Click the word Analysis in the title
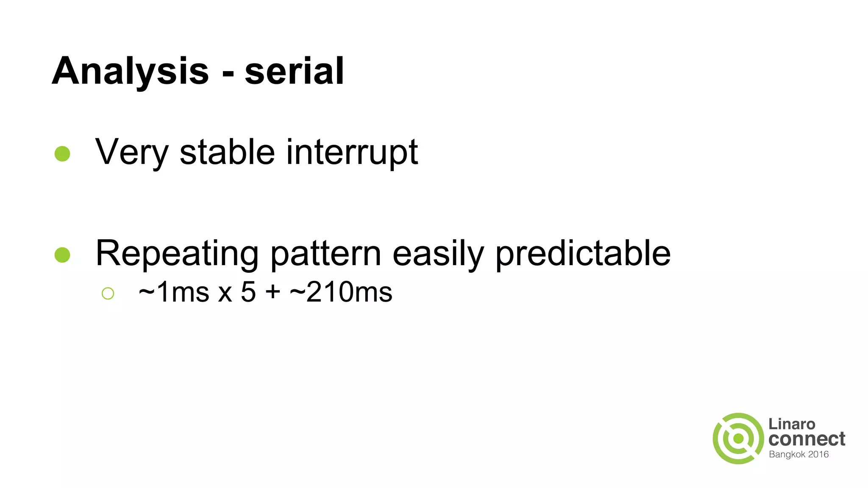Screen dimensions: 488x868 (x=130, y=71)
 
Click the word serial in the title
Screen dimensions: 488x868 (x=294, y=71)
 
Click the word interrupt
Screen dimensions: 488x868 (x=352, y=152)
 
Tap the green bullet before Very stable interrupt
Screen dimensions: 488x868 (x=62, y=154)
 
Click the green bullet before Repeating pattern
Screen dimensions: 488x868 (x=62, y=255)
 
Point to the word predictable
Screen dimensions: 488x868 (x=583, y=253)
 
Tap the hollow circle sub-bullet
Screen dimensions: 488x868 (x=108, y=293)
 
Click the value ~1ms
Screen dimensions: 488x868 (x=174, y=292)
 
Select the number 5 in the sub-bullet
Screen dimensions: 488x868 (x=248, y=292)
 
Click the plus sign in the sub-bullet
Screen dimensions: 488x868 (x=273, y=292)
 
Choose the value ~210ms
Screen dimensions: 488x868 (x=341, y=292)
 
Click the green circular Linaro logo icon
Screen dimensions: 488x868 (x=738, y=438)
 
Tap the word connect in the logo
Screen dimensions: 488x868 (x=807, y=439)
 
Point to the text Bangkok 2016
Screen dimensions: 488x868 (x=798, y=455)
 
